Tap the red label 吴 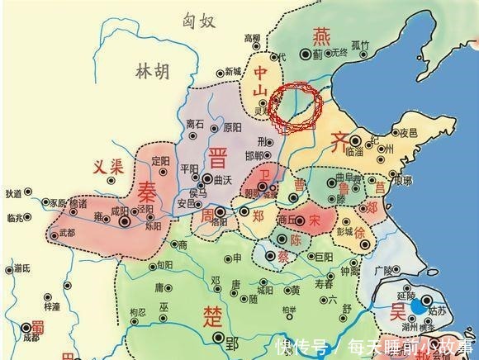click(397, 312)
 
